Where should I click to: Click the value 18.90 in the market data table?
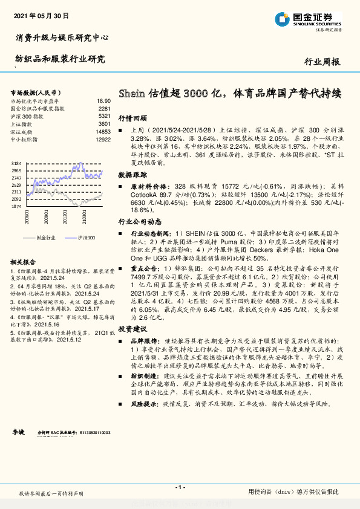pyautogui.click(x=103, y=101)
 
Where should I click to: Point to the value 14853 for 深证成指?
pyautogui.click(x=103, y=131)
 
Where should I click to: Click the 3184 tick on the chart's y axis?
pyautogui.click(x=16, y=164)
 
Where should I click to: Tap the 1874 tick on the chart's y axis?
pyautogui.click(x=16, y=206)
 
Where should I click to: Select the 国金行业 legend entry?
pyautogui.click(x=46, y=238)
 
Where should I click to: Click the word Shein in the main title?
pyautogui.click(x=131, y=94)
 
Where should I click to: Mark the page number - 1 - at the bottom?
pyautogui.click(x=179, y=487)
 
